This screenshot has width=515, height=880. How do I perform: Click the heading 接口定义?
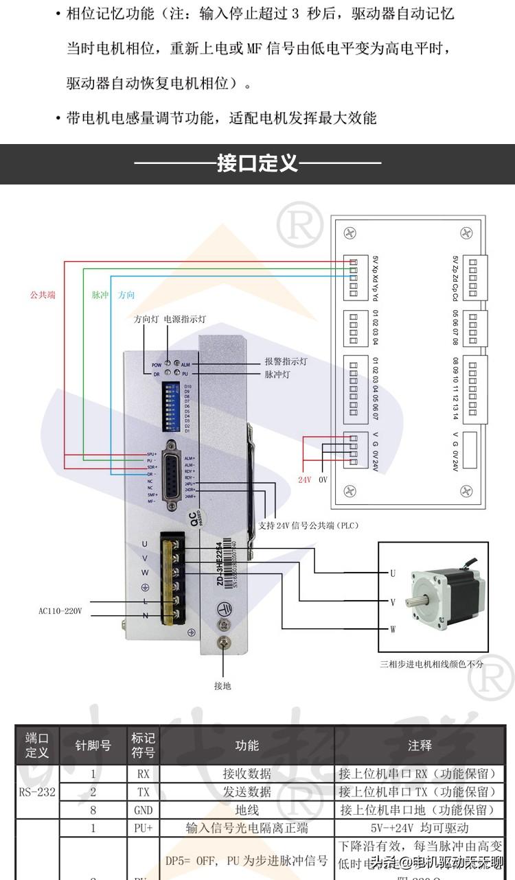(257, 164)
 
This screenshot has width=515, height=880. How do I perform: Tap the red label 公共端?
(43, 295)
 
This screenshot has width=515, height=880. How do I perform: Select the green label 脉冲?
(100, 295)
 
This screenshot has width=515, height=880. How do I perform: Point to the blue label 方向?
(126, 295)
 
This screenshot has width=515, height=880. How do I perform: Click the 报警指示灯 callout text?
(286, 361)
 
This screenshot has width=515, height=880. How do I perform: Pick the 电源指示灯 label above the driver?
(185, 320)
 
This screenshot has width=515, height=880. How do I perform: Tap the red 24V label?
(304, 480)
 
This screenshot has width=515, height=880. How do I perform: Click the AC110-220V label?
(60, 610)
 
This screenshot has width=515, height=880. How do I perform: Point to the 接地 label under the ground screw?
(222, 685)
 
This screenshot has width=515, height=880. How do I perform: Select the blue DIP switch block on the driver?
(172, 407)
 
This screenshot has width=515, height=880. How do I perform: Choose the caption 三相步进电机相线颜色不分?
(431, 664)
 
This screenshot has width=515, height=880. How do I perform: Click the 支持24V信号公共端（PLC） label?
(308, 525)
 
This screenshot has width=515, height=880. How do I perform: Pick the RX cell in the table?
(144, 774)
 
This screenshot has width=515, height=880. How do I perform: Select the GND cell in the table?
(144, 810)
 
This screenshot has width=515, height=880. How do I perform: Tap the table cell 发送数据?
(247, 792)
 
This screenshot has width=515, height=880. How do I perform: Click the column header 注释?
(420, 745)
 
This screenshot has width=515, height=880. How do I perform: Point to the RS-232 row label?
(37, 792)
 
